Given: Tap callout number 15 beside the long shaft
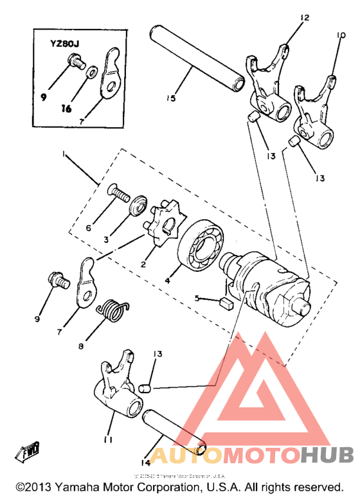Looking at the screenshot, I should [170, 98].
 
